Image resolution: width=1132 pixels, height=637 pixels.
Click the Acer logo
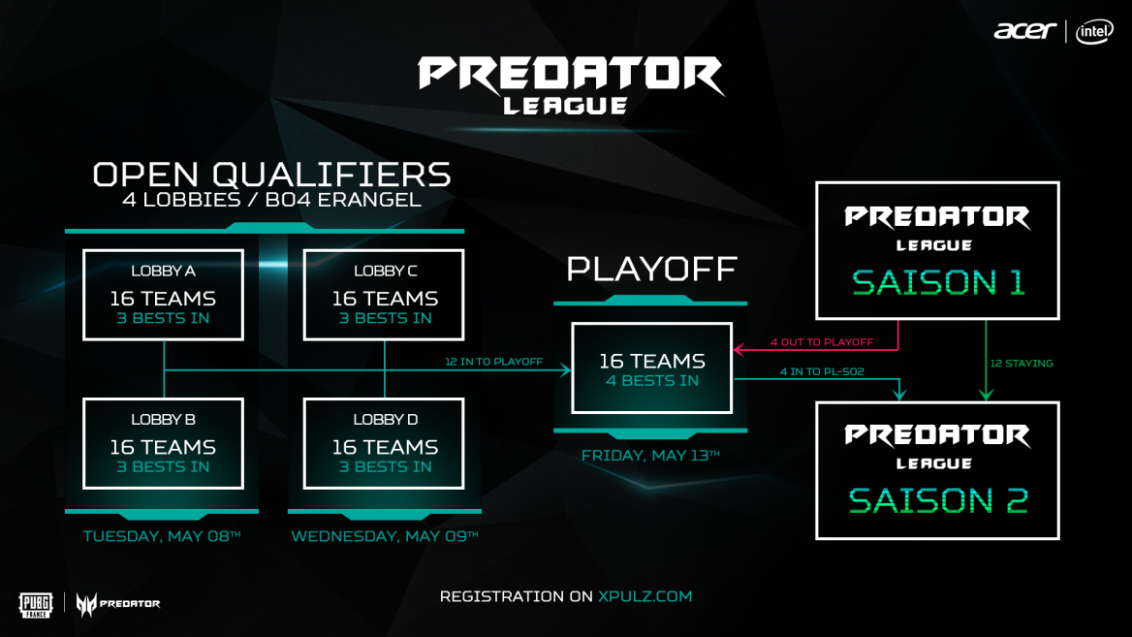[1025, 31]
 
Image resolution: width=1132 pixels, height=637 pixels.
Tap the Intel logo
[1094, 32]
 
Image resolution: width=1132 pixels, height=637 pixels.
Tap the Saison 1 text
[938, 282]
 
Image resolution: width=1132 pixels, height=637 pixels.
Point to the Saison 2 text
[938, 501]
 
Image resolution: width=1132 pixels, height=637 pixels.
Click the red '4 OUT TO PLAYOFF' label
[822, 342]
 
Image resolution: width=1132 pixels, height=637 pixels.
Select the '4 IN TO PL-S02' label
[822, 372]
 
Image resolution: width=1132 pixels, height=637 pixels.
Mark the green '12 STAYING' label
[1022, 364]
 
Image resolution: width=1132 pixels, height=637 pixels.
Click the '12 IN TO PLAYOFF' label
[494, 362]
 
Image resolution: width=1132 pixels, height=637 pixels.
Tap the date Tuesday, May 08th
[162, 536]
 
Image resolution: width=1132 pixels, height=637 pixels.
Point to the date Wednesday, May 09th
[385, 536]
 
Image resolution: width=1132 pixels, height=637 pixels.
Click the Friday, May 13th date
[650, 456]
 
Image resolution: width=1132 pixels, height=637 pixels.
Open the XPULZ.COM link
[645, 596]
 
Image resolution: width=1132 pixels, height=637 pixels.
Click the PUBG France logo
[35, 605]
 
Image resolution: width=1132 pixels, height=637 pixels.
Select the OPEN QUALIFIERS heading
[272, 175]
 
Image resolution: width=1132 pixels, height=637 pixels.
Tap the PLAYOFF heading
[652, 270]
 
